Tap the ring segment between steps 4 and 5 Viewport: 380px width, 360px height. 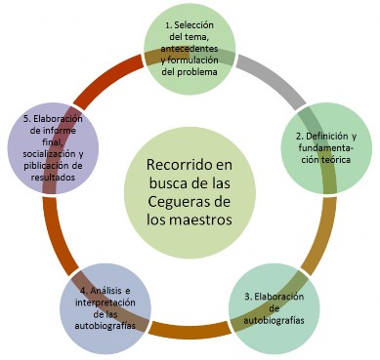pos(54,231)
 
